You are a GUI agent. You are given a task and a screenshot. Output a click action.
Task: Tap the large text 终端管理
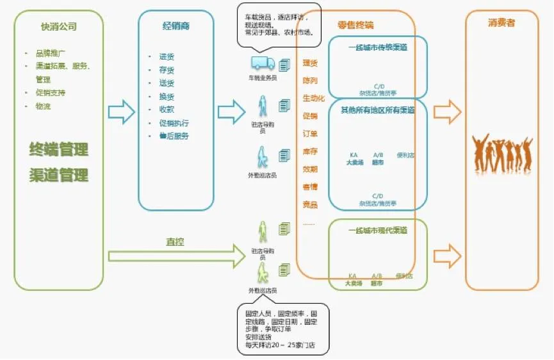click(59, 150)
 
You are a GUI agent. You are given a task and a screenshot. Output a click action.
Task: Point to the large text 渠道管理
click(59, 175)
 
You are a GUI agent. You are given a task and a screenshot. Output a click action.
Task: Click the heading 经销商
click(175, 27)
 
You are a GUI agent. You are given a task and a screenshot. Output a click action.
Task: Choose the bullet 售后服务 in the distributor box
click(174, 136)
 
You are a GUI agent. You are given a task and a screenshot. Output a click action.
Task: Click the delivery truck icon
click(262, 63)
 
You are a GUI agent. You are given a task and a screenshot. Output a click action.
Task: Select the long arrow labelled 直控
click(176, 256)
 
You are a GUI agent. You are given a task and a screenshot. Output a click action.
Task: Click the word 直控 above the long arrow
click(175, 243)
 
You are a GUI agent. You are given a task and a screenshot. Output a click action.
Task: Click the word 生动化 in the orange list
click(314, 99)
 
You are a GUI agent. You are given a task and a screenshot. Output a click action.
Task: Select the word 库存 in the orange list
click(310, 152)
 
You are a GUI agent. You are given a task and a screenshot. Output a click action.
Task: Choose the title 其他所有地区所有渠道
click(378, 110)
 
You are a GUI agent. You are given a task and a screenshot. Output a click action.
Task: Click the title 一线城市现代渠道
click(378, 229)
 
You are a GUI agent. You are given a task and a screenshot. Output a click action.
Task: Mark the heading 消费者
click(501, 22)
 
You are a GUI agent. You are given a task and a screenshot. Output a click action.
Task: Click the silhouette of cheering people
click(502, 154)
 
